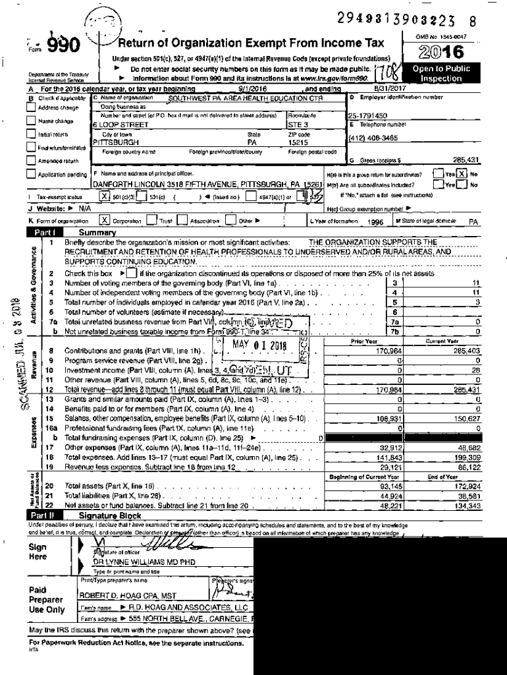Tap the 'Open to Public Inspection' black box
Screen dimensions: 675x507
coord(441,73)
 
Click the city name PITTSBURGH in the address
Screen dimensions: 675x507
coord(116,142)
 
